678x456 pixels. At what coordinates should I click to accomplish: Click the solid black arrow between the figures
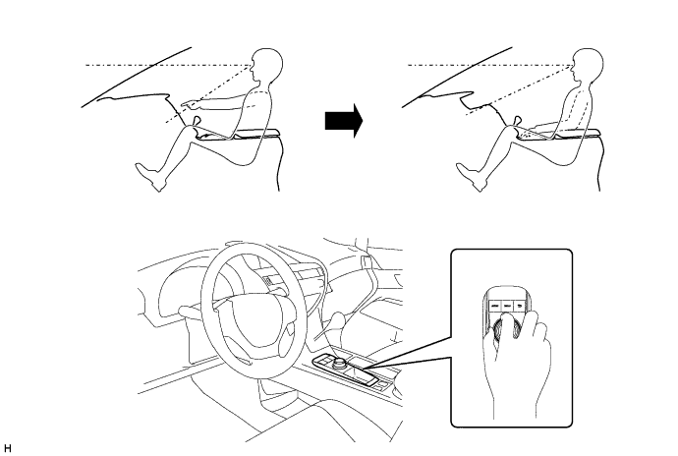point(344,121)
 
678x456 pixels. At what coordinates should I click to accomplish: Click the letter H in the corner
point(7,448)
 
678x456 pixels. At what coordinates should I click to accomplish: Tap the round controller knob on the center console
point(339,361)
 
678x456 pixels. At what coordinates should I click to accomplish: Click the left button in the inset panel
point(494,306)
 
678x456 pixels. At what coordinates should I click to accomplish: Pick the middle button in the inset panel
point(507,306)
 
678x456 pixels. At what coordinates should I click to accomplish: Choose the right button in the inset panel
point(520,306)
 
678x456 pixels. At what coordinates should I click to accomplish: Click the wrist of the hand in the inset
point(516,402)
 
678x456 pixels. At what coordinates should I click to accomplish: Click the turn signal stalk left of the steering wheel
point(191,310)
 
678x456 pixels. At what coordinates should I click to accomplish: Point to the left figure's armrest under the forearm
point(255,133)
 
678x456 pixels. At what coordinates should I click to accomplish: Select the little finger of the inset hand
point(541,326)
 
